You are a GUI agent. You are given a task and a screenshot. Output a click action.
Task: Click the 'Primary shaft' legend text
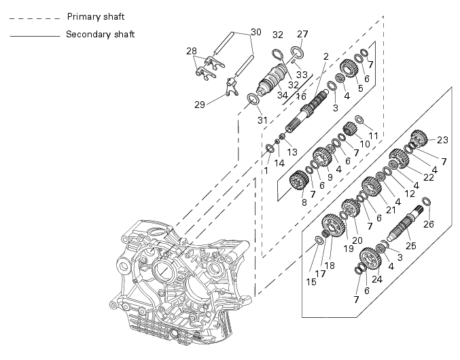click(x=96, y=17)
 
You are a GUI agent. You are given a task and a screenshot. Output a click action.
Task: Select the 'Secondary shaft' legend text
click(x=100, y=34)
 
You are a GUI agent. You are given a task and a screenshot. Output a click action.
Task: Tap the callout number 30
click(x=255, y=32)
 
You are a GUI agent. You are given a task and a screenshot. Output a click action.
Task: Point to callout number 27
click(x=302, y=34)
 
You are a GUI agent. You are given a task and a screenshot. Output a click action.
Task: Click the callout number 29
click(x=200, y=105)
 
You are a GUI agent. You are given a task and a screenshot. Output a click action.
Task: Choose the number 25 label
click(x=410, y=246)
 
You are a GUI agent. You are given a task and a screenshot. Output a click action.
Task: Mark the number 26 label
click(x=429, y=224)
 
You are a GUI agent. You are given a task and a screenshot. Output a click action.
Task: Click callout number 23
click(x=443, y=140)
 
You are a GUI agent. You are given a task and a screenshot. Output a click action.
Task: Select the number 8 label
click(x=304, y=202)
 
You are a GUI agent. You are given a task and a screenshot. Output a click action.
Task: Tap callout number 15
click(x=311, y=282)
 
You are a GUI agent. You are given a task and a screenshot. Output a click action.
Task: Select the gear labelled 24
click(x=370, y=258)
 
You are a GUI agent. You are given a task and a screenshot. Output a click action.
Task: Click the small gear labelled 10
click(x=350, y=128)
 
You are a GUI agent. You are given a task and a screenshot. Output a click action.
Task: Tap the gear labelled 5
click(x=350, y=68)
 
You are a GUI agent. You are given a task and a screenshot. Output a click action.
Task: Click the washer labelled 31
click(x=253, y=99)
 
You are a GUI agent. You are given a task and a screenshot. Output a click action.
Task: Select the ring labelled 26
click(x=427, y=202)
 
